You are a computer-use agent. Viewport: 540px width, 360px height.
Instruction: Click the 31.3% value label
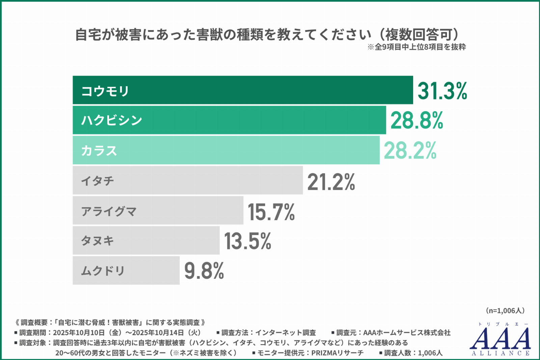(442, 91)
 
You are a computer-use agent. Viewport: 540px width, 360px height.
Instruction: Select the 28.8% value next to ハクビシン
(416, 121)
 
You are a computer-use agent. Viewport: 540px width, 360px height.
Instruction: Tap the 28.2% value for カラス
(410, 151)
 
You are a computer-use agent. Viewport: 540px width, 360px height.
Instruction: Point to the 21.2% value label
(331, 182)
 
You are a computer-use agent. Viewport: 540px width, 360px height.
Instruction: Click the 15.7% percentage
(271, 212)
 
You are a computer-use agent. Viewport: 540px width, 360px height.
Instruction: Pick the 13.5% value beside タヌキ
(248, 241)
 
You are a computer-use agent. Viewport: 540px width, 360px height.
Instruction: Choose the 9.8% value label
(204, 271)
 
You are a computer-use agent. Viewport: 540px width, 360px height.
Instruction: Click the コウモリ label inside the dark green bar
(105, 91)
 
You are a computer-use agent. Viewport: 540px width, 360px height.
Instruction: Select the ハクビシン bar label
(112, 120)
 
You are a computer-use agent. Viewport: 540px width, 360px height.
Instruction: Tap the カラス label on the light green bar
(99, 151)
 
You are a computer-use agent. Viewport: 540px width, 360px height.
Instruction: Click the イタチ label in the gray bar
(98, 181)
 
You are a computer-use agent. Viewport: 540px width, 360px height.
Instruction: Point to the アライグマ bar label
(109, 211)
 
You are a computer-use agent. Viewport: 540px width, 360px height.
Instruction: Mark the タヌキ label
(98, 241)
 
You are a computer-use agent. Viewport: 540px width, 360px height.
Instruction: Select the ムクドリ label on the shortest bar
(103, 271)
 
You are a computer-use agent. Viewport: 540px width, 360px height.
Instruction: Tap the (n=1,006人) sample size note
(505, 310)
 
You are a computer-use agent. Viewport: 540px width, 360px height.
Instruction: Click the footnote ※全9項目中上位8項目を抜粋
(416, 47)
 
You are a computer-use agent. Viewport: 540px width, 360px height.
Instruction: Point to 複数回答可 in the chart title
(418, 34)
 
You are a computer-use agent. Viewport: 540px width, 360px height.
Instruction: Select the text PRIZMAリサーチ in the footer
(337, 353)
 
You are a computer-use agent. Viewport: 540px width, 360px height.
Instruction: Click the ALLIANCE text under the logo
(501, 353)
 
